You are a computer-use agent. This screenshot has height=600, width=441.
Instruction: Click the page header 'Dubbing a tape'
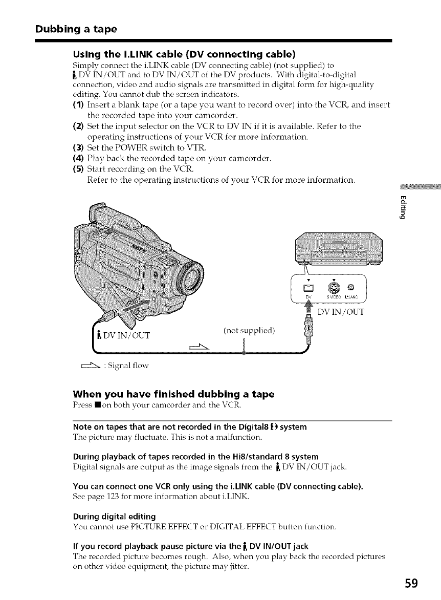pyautogui.click(x=76, y=29)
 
